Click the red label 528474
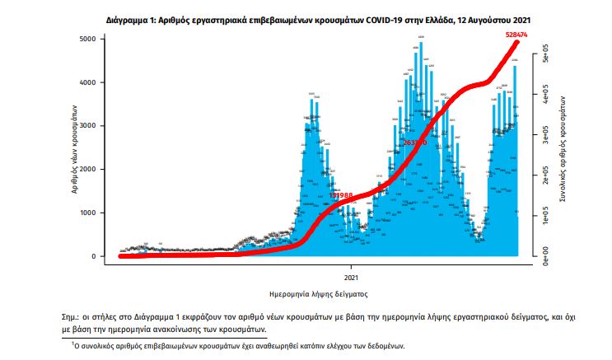click(x=516, y=33)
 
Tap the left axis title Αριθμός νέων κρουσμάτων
click(x=74, y=148)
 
